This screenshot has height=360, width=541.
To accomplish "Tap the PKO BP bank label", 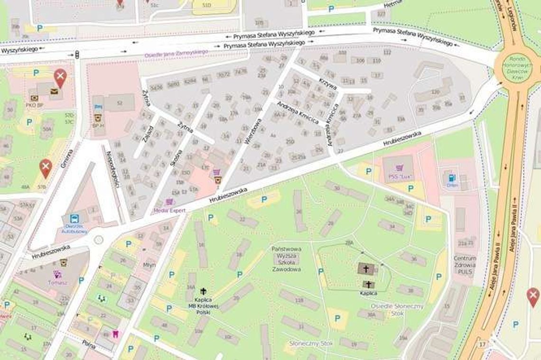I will tap(35, 105).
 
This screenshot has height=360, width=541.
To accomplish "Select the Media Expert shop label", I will tap(169, 210).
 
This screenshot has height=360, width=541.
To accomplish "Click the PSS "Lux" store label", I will tap(399, 177).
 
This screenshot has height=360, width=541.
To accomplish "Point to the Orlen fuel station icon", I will tap(451, 178).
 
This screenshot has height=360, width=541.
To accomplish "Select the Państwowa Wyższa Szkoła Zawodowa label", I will tap(286, 259).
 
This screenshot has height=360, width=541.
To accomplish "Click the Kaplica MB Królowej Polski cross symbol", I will tap(204, 291).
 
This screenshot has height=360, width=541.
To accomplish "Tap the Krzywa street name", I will tap(328, 84).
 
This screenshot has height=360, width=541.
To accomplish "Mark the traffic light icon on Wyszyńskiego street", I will tap(77, 55).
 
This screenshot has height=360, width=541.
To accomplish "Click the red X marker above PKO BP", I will tap(60, 77).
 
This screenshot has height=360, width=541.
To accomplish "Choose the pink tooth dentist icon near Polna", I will tap(114, 333).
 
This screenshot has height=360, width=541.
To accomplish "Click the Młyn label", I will tap(149, 265).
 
